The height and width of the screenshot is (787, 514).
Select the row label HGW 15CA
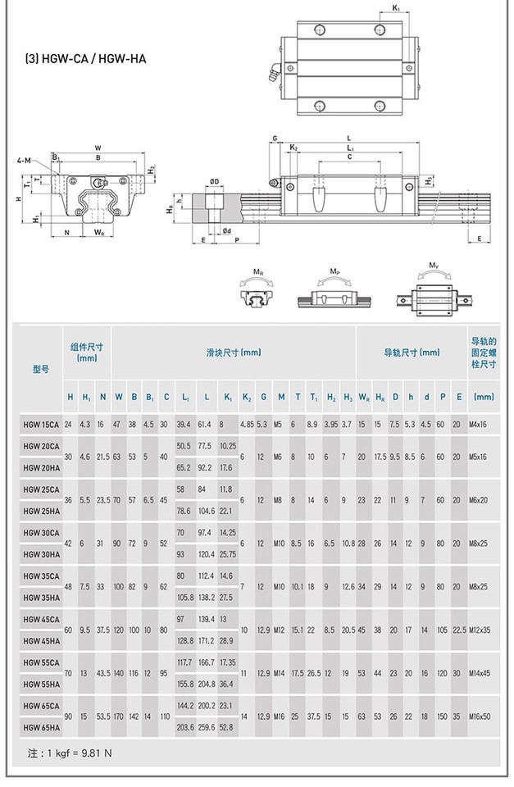tap(40, 424)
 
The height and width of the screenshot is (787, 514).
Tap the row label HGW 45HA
tap(40, 640)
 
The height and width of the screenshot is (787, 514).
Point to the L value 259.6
tap(205, 726)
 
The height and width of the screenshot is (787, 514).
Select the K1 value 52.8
tap(227, 726)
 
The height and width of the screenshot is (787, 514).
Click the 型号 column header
tap(40, 369)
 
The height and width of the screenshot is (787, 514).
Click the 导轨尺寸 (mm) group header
tap(412, 352)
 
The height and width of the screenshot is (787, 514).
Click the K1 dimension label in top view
tap(396, 8)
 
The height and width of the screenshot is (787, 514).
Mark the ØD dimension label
tap(214, 181)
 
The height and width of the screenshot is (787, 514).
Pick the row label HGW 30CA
tap(40, 532)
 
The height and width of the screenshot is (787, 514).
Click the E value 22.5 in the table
tap(459, 630)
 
